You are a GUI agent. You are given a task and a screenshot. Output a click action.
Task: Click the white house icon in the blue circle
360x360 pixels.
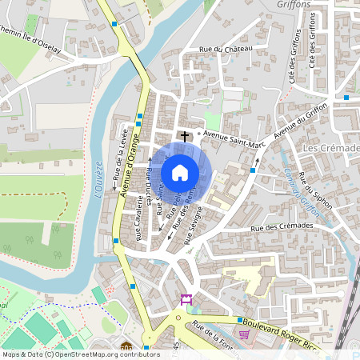pyautogui.click(x=180, y=173)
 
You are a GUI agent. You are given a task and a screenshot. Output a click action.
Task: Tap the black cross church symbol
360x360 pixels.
pyautogui.click(x=186, y=137)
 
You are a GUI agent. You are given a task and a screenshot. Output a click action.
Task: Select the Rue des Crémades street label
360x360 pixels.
pyautogui.click(x=281, y=226)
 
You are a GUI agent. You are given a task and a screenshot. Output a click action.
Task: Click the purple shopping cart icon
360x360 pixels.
pyautogui.click(x=243, y=334)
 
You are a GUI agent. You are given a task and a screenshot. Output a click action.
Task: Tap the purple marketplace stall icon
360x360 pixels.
pyautogui.click(x=187, y=299)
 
